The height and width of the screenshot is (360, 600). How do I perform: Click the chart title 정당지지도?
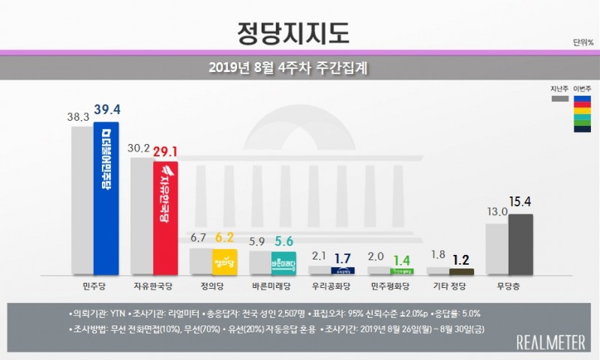(x=300, y=32)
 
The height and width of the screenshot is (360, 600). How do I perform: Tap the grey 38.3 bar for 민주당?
(x=82, y=199)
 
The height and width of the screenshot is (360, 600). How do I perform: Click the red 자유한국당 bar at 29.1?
(x=165, y=217)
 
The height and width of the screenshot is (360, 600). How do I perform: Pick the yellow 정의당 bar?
(x=224, y=262)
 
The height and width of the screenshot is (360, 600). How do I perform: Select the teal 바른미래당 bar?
(x=283, y=263)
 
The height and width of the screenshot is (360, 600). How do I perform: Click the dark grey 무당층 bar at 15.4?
(x=520, y=244)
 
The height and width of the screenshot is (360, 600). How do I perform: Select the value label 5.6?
(x=284, y=241)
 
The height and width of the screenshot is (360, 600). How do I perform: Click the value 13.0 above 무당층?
(x=497, y=212)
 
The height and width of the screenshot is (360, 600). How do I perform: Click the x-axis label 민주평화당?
(x=390, y=286)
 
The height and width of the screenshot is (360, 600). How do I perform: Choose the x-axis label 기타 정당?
(x=449, y=286)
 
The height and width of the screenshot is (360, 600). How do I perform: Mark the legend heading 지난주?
(x=559, y=88)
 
